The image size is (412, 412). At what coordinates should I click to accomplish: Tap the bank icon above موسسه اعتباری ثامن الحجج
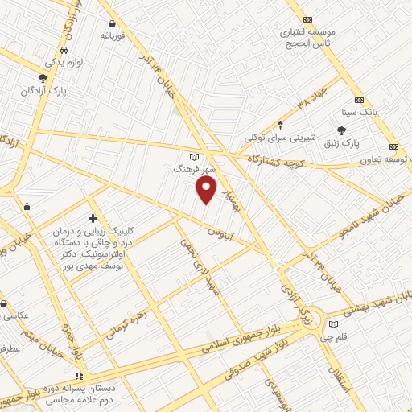pyautogui.click(x=307, y=19)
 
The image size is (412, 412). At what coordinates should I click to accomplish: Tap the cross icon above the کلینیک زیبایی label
pyautogui.click(x=93, y=218)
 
